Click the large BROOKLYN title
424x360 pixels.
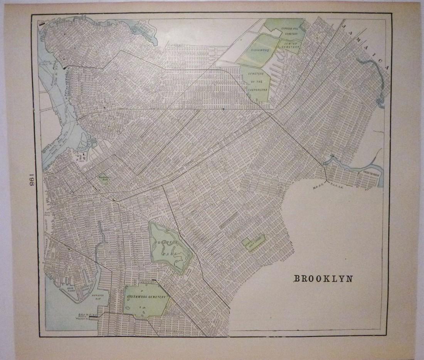pos(323,279)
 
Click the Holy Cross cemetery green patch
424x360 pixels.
pos(253,243)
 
